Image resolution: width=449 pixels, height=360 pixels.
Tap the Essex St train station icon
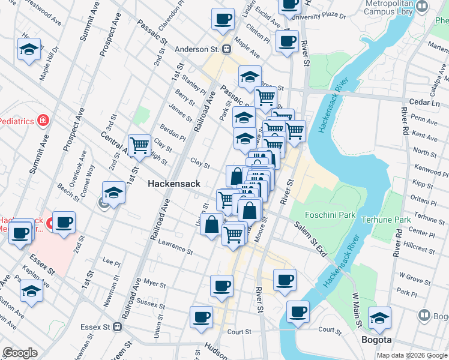pos(117,328)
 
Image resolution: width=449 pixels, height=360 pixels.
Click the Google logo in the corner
pos(20,353)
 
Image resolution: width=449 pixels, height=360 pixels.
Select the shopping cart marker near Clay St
pos(139,145)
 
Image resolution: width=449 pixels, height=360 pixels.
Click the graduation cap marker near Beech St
pos(113,193)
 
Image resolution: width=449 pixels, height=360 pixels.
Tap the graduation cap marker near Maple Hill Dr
pos(29,50)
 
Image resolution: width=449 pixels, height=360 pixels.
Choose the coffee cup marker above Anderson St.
pos(223,19)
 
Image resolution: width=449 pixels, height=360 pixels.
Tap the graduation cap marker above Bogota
pos(379,318)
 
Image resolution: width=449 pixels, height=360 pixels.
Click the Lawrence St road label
pos(175,247)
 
